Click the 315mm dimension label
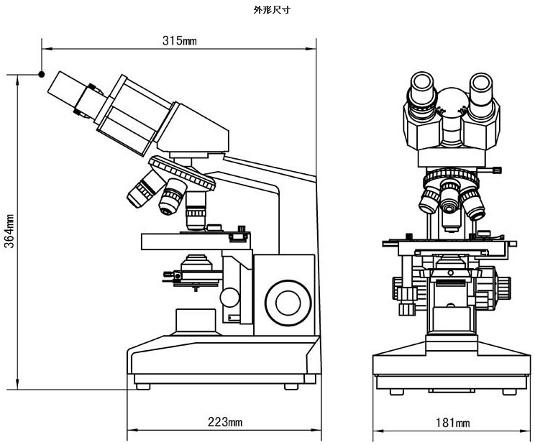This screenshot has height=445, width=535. (179, 41)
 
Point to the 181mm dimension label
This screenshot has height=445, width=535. (452, 423)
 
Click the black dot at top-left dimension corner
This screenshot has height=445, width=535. (42, 74)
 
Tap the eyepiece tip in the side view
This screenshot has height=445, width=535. (63, 88)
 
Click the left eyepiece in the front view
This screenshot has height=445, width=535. (422, 90)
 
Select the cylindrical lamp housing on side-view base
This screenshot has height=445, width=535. (196, 321)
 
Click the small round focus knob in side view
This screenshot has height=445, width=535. (230, 296)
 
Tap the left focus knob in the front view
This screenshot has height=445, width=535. (401, 288)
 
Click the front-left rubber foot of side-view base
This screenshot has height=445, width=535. (142, 386)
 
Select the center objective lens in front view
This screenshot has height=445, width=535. (451, 203)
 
